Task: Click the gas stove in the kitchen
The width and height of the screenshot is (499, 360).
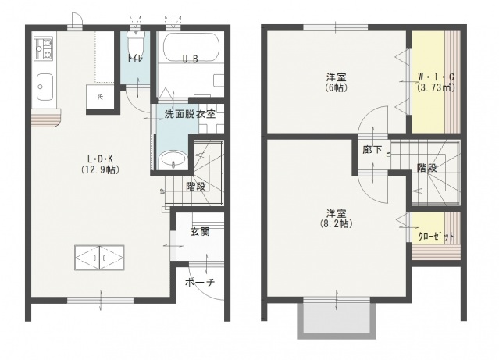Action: point(43,50)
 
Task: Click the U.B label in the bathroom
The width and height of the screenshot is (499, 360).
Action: point(190,59)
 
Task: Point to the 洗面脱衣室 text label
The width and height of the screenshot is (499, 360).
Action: point(190,114)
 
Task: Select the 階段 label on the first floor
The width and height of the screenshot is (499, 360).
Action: point(195,187)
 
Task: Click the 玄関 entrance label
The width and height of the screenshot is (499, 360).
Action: point(199,231)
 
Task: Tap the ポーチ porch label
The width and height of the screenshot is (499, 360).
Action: point(200,282)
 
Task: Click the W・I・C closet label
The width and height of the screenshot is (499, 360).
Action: point(433,77)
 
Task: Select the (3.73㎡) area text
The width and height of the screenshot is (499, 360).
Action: point(433,87)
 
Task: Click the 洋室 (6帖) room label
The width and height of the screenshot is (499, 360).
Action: point(337,82)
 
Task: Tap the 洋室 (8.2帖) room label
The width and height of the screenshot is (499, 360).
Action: point(337,218)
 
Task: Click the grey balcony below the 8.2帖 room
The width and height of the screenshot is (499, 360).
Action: point(337,320)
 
